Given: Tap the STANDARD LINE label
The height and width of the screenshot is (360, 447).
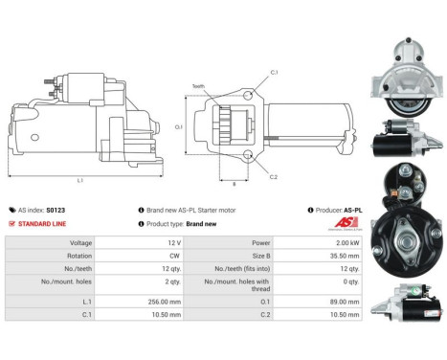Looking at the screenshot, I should (42, 223).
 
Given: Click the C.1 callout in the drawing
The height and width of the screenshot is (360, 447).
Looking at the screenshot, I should (274, 73).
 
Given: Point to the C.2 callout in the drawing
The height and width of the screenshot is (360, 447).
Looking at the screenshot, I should (274, 177).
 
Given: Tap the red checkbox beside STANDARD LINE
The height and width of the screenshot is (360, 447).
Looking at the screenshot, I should (11, 223).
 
